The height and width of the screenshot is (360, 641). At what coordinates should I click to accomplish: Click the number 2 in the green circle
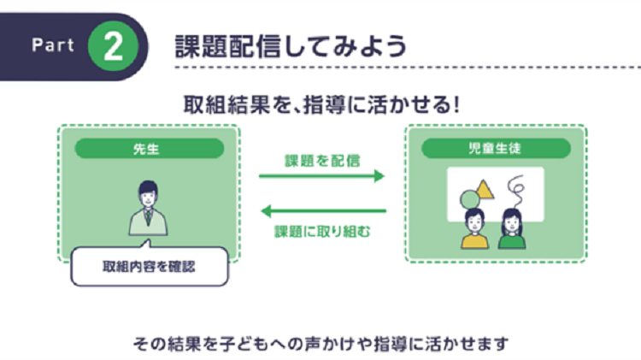114,46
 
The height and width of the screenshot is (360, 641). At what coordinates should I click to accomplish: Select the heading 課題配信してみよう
291,44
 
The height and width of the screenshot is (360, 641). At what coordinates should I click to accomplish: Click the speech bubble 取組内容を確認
149,266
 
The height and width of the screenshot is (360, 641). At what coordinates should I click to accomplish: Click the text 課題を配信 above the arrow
322,160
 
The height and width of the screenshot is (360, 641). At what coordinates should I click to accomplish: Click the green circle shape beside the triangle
470,199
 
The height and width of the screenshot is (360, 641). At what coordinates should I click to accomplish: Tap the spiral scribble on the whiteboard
516,187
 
